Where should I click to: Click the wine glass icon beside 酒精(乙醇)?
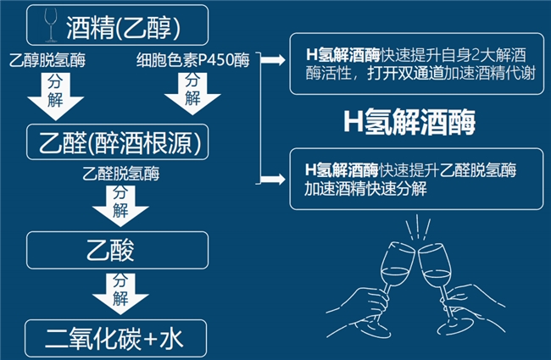pos(52,25)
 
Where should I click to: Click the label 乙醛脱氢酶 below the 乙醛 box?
pos(121,174)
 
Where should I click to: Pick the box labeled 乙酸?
pos(119,248)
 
